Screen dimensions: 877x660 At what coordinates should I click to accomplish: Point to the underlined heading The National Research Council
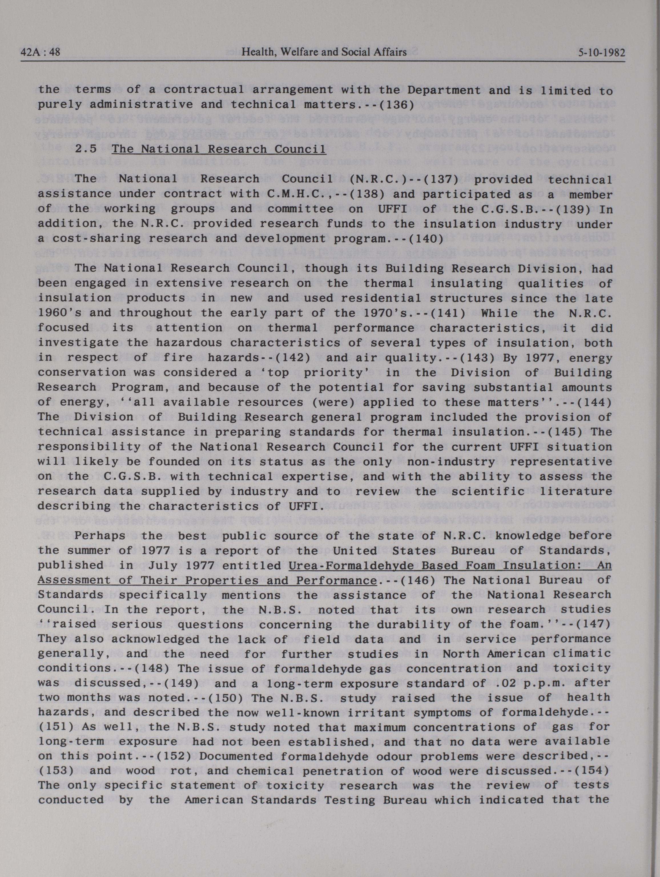point(219,149)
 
